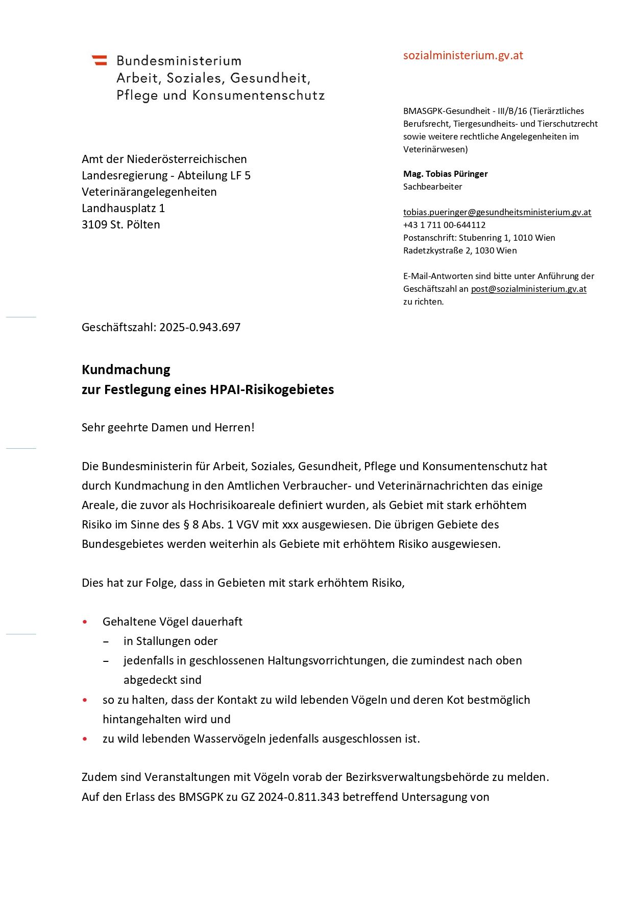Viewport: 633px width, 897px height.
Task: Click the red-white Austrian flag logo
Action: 100,60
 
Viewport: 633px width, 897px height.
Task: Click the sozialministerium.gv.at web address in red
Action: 463,56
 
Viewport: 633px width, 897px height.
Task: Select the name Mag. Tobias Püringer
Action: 445,174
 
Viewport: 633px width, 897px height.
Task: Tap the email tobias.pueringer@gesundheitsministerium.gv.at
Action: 497,212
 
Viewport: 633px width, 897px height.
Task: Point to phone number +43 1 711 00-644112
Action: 444,225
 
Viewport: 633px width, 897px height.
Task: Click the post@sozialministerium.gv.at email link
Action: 528,289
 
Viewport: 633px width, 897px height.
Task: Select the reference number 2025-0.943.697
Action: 200,327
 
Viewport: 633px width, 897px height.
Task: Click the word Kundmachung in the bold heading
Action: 126,370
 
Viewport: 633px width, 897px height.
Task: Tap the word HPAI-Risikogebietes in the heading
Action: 272,389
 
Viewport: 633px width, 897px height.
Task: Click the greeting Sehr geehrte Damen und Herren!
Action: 168,427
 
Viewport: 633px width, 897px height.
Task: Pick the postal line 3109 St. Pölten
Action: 121,224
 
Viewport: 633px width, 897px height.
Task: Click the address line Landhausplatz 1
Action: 123,208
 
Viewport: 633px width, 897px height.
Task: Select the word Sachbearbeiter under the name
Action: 432,187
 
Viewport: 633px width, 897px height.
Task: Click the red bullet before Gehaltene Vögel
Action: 85,622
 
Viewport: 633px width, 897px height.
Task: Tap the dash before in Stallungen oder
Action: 106,641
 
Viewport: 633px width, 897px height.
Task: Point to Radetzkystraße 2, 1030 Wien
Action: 459,250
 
